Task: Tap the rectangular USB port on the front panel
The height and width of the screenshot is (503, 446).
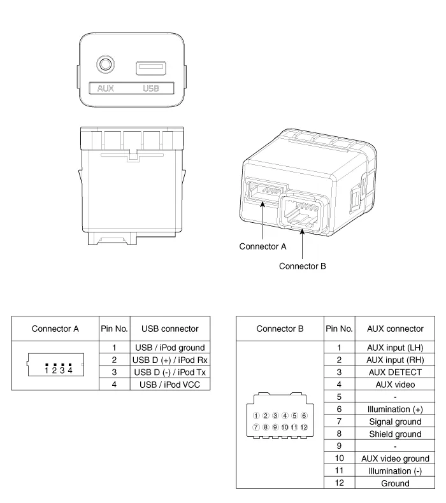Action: [x=151, y=67]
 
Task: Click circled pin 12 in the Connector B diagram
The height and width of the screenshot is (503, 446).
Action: [x=305, y=427]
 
